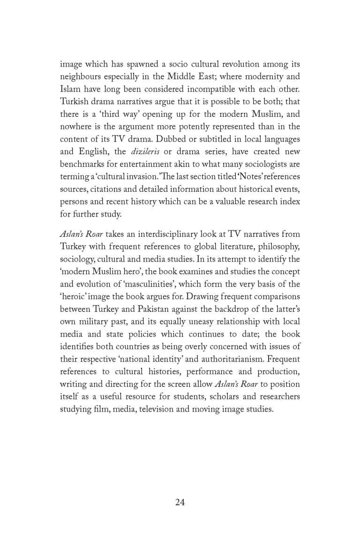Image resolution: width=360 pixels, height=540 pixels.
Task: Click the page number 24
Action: click(180, 502)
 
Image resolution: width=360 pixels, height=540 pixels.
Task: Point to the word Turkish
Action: click(74, 102)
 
